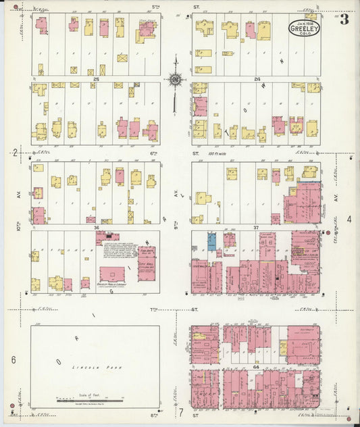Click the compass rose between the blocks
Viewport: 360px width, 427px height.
[175, 80]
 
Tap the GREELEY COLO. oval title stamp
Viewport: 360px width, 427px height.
[304, 28]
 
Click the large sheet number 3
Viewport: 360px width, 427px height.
[344, 20]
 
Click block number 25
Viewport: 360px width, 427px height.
[97, 79]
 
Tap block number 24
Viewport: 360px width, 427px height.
[257, 79]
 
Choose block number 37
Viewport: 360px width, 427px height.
[257, 228]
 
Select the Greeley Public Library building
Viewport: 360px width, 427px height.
[112, 274]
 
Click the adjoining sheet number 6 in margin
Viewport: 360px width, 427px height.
[13, 359]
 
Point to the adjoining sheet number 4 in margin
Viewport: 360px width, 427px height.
[349, 220]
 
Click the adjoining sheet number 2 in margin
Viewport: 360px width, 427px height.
[14, 153]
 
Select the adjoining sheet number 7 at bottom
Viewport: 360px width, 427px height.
[180, 411]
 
